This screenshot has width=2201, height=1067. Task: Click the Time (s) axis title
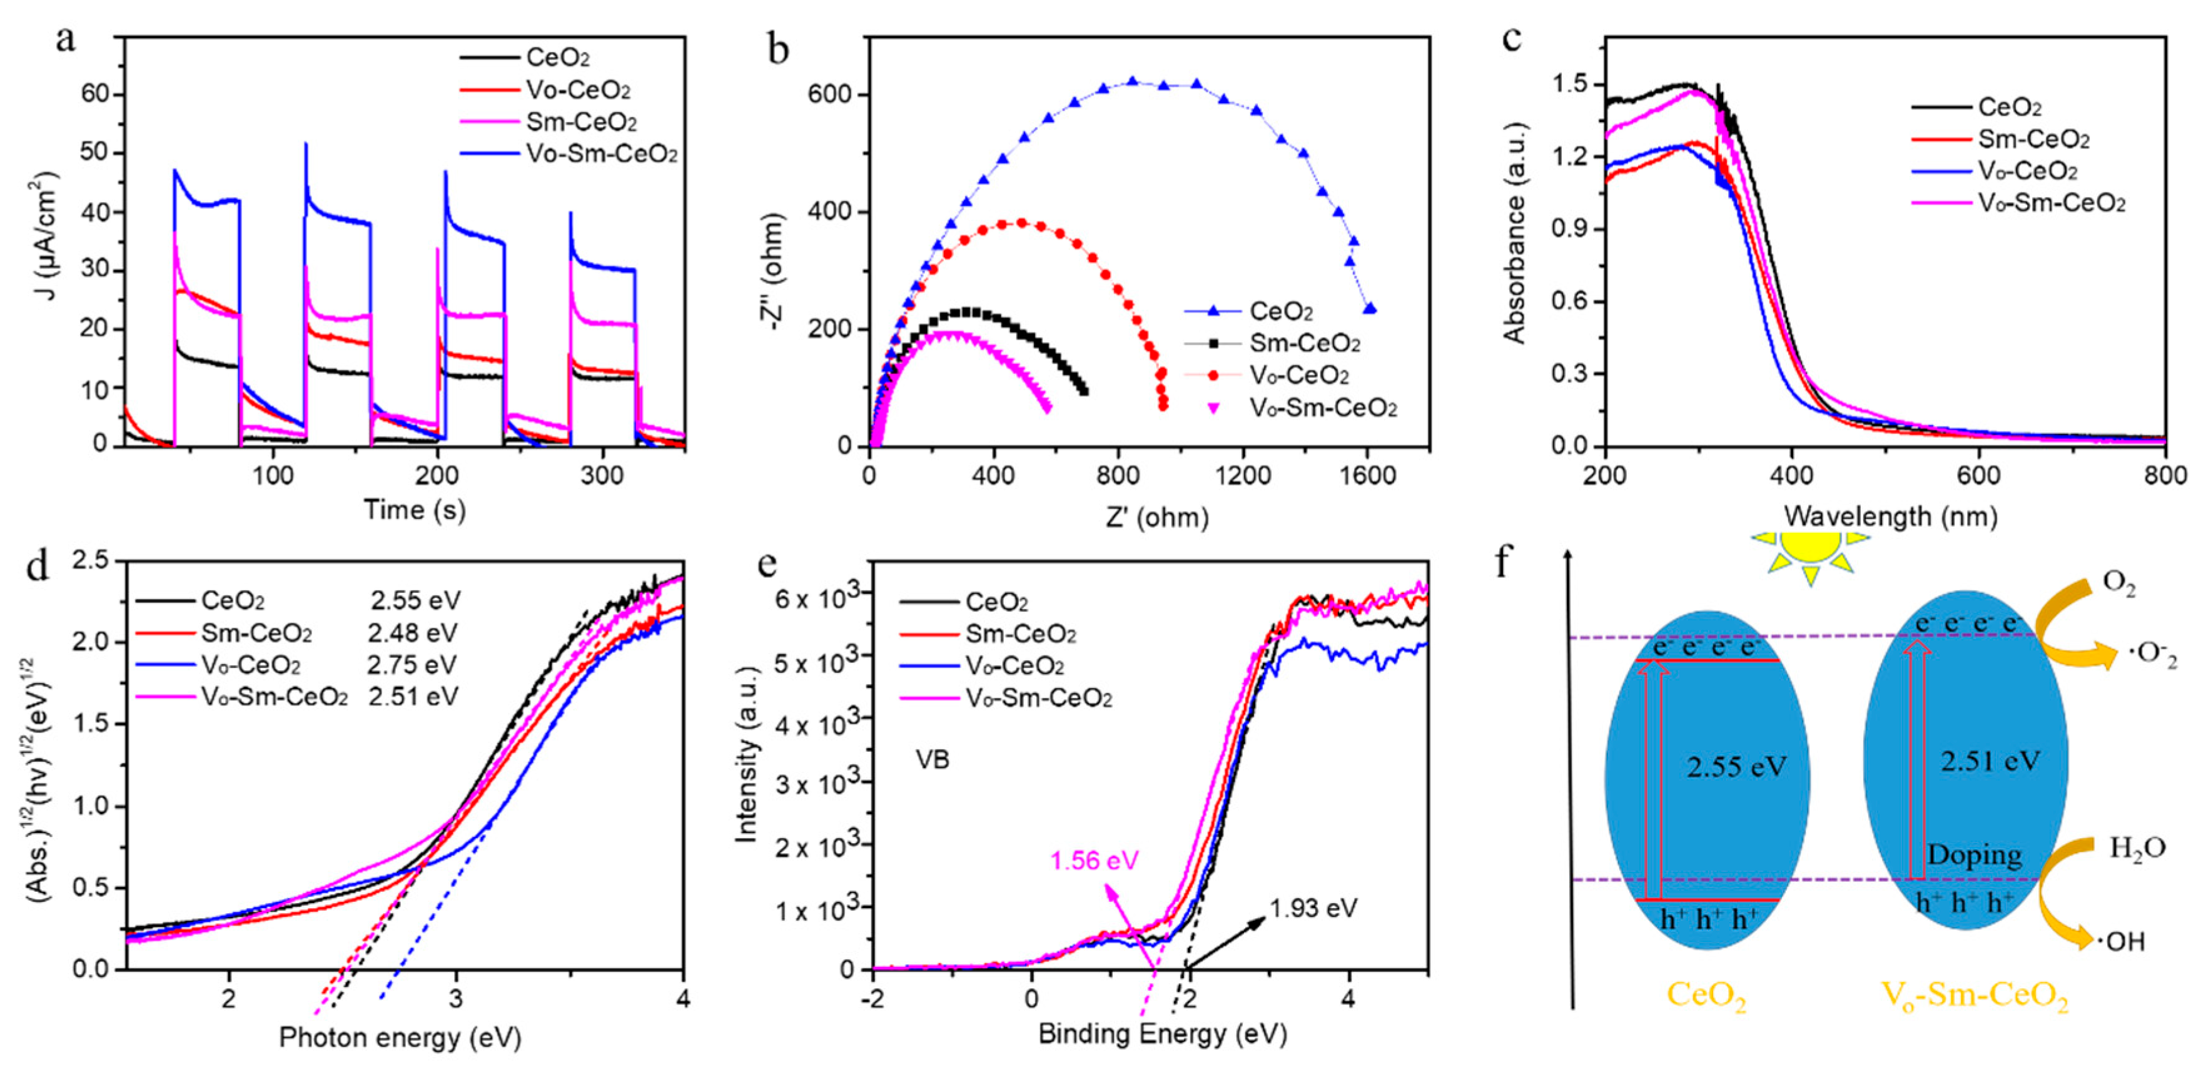tap(415, 510)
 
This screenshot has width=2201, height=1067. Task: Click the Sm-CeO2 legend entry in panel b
tap(1304, 343)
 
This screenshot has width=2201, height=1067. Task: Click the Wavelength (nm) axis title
tap(1890, 516)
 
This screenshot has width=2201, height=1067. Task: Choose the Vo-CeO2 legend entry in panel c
tap(2026, 171)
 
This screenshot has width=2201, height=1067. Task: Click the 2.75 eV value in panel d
tap(413, 665)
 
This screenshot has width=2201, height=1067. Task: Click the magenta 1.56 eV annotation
tap(1095, 860)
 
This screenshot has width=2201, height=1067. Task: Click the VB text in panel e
tap(932, 759)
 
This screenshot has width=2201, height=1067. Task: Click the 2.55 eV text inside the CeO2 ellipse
tap(1736, 766)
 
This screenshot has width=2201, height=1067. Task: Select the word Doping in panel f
tap(1974, 854)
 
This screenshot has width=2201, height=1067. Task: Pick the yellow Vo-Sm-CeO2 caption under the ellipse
tap(1975, 997)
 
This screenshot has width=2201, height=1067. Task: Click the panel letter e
tap(768, 565)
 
